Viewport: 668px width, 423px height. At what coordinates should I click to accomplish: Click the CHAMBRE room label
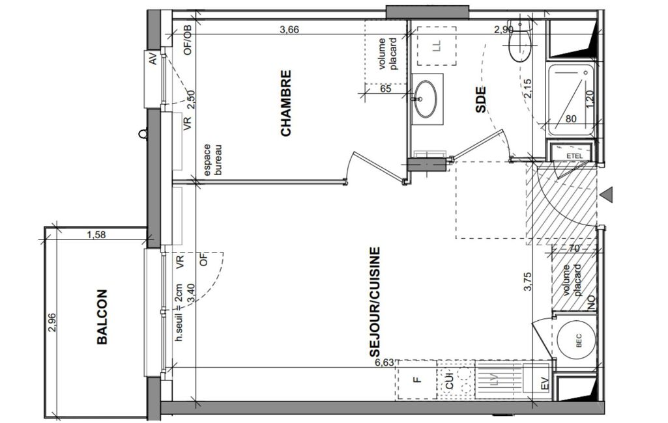pos(286,103)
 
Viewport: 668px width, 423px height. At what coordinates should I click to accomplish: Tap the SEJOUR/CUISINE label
pos(374,303)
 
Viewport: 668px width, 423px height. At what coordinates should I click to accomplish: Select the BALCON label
pos(102,317)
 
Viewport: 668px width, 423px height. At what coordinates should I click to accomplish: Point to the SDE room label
pos(480,100)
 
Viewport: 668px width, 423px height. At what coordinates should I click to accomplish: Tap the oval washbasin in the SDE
pos(426,100)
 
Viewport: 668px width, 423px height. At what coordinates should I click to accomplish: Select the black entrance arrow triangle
pos(608,195)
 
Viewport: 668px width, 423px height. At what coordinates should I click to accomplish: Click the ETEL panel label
pos(574,156)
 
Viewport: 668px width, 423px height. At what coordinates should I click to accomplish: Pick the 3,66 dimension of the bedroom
pos(289,30)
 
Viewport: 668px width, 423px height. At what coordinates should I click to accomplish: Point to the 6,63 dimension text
pos(385,362)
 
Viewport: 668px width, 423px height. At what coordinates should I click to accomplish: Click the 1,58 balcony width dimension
pos(96,234)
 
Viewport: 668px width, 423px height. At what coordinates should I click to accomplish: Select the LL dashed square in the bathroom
pos(436,46)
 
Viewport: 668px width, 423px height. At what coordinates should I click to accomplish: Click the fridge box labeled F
pos(417,379)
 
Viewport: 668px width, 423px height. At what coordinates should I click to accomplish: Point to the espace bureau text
pos(212,160)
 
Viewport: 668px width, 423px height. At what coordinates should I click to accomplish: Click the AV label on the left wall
pos(153,59)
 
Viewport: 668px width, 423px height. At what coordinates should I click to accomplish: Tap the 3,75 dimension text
pos(528,282)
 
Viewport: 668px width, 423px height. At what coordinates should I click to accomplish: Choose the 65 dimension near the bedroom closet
pos(385,89)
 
